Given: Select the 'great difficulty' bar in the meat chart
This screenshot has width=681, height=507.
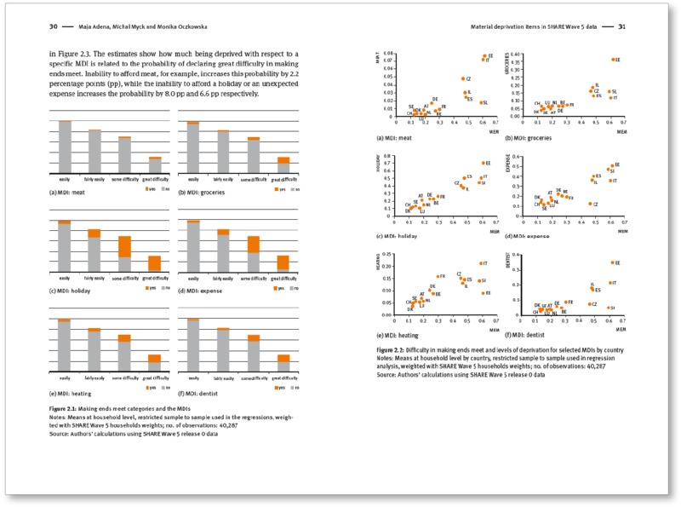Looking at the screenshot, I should point(155,164).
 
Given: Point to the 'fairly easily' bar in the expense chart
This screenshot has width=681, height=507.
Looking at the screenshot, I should point(223,251).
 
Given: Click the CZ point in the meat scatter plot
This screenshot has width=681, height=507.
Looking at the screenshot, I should point(463,78).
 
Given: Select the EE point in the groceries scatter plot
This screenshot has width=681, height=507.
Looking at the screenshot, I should point(612,60).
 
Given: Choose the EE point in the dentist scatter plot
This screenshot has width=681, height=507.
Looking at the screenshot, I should point(612,262).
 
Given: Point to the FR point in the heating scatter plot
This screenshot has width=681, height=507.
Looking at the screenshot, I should point(438,276).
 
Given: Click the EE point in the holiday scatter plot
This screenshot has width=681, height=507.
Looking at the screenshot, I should point(483,163).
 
